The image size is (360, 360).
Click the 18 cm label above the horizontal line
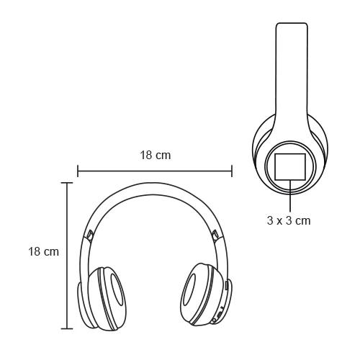click(x=155, y=155)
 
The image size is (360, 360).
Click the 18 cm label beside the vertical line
click(x=43, y=252)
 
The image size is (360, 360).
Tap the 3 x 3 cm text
click(x=289, y=220)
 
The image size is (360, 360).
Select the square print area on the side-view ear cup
click(x=289, y=167)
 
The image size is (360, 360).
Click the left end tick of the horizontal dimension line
click(x=78, y=171)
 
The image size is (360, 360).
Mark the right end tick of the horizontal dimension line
click(x=232, y=171)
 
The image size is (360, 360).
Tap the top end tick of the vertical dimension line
click(x=67, y=183)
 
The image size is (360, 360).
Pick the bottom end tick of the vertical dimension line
click(x=67, y=329)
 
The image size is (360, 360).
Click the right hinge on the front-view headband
click(x=215, y=235)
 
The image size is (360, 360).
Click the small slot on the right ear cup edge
click(x=227, y=285)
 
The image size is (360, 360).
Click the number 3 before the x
click(x=270, y=220)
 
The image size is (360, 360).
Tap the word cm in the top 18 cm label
click(x=163, y=155)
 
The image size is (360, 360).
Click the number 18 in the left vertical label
click(x=35, y=252)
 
